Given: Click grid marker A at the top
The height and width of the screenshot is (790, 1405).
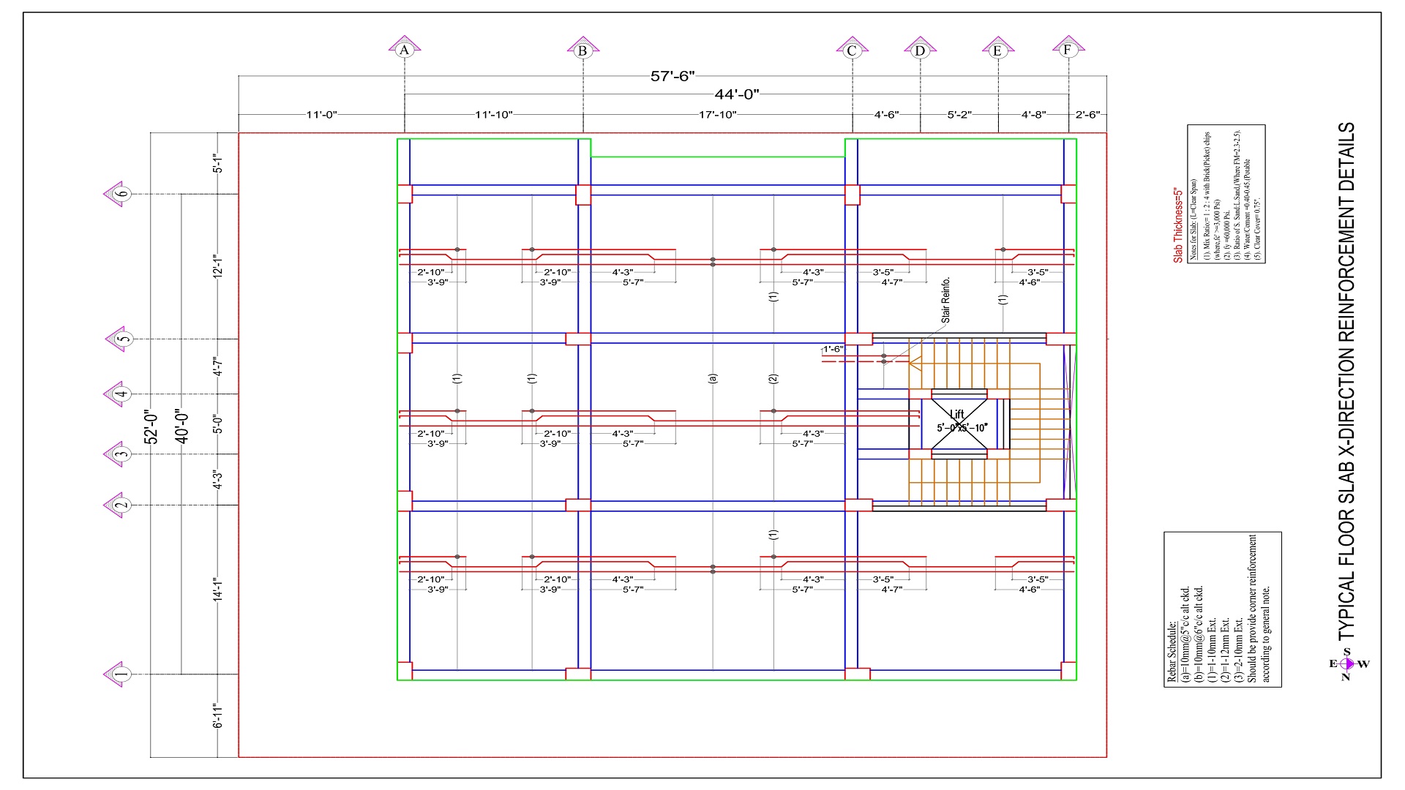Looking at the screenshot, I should tap(404, 50).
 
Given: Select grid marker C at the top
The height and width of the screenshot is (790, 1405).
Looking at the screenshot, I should tap(851, 50).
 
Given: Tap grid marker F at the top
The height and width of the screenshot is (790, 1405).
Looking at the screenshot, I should tap(1067, 50).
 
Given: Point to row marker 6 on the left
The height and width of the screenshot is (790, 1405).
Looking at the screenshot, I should tap(122, 194).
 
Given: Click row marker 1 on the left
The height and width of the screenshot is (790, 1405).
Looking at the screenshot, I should tap(122, 674).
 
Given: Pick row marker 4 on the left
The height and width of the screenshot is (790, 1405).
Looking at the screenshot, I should tap(122, 394).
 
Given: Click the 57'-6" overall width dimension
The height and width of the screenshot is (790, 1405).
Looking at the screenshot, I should tap(672, 76).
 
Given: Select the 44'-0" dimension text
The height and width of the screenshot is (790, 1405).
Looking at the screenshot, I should tap(737, 94).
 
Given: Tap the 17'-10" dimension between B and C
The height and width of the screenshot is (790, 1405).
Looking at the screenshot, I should tap(717, 115).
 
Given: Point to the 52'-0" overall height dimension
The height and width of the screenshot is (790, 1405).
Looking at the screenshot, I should tap(151, 426).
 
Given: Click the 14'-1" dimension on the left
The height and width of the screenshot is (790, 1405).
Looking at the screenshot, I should tap(217, 590).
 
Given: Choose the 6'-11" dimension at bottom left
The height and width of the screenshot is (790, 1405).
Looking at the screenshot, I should tap(217, 716).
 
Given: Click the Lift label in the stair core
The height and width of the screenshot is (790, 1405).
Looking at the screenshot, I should tap(956, 414).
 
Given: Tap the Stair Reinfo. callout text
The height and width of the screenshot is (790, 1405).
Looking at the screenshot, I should tap(945, 300).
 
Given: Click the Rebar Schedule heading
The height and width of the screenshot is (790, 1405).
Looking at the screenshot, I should tap(1171, 653).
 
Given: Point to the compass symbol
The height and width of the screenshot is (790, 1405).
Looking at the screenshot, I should tap(1349, 664).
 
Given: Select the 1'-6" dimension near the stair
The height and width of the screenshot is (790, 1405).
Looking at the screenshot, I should tap(833, 349).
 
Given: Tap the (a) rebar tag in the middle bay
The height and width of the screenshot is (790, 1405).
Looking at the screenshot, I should tap(713, 378).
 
